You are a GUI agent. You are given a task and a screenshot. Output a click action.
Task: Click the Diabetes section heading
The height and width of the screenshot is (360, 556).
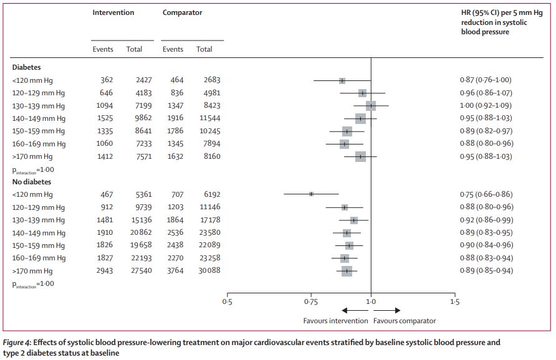pos(27,67)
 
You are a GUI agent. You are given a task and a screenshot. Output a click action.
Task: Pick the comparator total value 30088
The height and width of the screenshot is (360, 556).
pos(207,271)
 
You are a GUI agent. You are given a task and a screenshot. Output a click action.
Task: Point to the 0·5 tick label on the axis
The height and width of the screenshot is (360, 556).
pos(227,302)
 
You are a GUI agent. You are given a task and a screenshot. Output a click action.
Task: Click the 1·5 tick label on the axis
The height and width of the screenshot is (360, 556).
pos(454,302)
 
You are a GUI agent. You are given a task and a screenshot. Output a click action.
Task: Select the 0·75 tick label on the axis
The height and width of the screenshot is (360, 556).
pos(311,302)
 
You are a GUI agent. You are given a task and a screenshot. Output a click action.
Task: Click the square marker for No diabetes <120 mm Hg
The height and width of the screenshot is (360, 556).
pos(311,194)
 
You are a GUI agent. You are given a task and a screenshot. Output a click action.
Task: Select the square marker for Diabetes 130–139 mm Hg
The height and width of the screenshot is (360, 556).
pos(371,106)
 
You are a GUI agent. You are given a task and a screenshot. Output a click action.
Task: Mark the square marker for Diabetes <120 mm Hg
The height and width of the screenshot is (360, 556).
pos(342,80)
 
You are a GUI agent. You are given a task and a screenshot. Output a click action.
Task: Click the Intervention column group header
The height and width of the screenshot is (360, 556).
pos(113,12)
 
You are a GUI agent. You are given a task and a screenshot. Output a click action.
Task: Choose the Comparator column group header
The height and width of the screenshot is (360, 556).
pos(182,12)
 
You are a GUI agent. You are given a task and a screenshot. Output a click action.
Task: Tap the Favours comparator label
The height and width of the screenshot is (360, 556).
pos(405,321)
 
